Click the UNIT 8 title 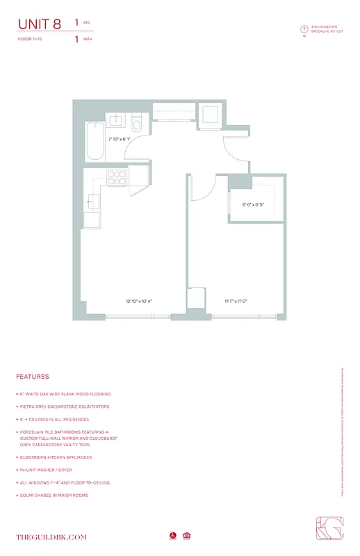pyautogui.click(x=39, y=24)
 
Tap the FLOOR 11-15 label pyautogui.click(x=32, y=40)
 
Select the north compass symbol pyautogui.click(x=304, y=29)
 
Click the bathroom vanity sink pyautogui.click(x=115, y=121)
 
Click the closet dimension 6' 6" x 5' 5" pyautogui.click(x=253, y=205)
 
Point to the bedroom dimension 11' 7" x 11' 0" pyautogui.click(x=236, y=301)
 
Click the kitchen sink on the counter pyautogui.click(x=92, y=202)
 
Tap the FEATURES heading pyautogui.click(x=33, y=377)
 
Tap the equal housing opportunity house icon pyautogui.click(x=186, y=536)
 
